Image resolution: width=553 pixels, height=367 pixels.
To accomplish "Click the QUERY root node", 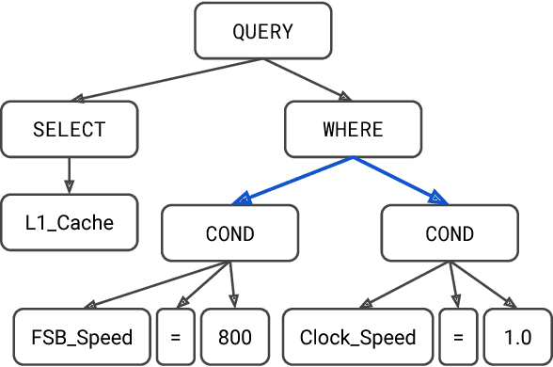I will (262, 31).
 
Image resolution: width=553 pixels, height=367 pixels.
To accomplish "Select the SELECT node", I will (69, 129).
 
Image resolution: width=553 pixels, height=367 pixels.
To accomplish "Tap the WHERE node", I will (353, 129).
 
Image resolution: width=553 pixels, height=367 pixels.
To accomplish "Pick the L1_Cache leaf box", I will (69, 223).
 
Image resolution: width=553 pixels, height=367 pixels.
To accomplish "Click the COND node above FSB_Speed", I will (230, 233).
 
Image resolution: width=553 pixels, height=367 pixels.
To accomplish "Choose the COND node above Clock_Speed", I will (450, 233).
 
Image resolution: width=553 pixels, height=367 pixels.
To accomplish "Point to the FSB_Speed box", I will (82, 337).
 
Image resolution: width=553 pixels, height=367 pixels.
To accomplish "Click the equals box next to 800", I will (175, 337).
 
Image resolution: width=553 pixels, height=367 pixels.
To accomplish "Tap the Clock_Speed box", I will (357, 337).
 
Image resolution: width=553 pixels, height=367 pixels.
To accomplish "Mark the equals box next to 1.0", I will (458, 337).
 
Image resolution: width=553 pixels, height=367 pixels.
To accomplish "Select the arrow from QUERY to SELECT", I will (169, 80).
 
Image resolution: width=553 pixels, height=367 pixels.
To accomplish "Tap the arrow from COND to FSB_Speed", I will (156, 285).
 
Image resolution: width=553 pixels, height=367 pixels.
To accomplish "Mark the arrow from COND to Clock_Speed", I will (404, 285).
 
